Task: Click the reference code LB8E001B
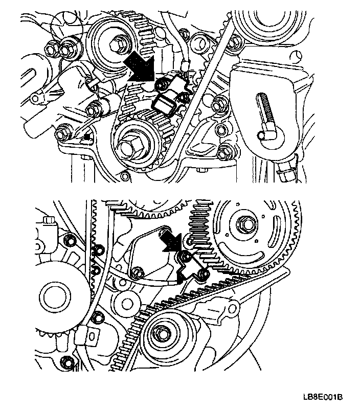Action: tap(323, 397)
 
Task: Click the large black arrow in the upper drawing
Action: tap(140, 67)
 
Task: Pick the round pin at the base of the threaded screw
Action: tap(261, 135)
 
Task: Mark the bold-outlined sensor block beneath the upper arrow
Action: tap(164, 105)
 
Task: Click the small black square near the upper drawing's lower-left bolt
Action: tap(86, 137)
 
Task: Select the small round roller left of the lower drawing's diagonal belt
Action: tap(128, 304)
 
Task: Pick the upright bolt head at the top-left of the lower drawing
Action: tap(49, 221)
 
